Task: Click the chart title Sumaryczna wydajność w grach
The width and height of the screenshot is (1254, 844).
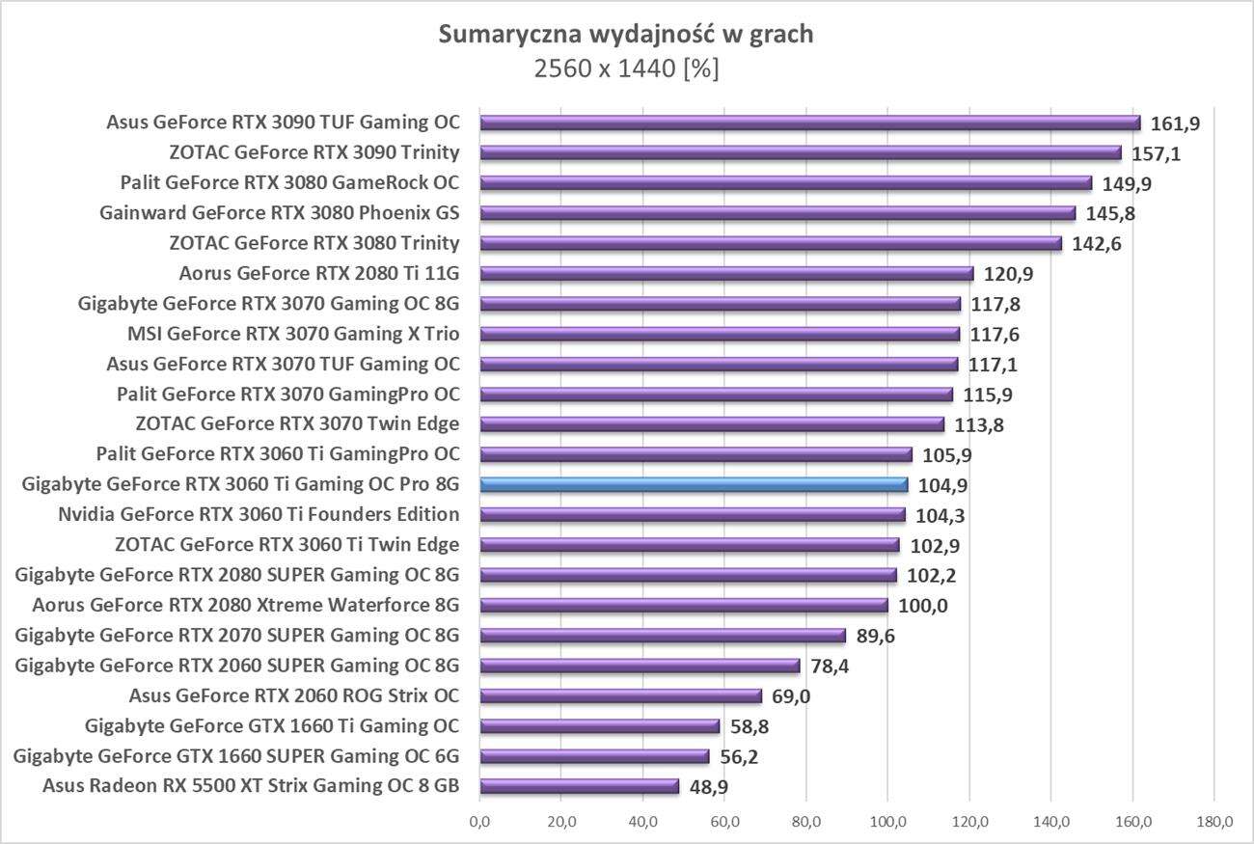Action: (626, 35)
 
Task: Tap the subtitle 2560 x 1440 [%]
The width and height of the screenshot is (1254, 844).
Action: (626, 69)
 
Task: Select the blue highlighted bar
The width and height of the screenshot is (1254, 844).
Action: (694, 484)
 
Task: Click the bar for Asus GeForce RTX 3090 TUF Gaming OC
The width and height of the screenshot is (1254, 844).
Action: (809, 123)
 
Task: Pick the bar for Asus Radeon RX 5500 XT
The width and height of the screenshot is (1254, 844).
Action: (579, 786)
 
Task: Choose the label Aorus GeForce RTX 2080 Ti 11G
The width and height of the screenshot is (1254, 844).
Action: (319, 273)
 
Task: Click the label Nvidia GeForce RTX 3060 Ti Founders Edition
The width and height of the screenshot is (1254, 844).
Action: (259, 514)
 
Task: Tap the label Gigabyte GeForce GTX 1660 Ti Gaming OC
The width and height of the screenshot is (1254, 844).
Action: (272, 725)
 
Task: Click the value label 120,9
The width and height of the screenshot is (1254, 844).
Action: (1008, 274)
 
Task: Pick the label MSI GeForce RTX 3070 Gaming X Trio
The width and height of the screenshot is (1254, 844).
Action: (293, 334)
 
